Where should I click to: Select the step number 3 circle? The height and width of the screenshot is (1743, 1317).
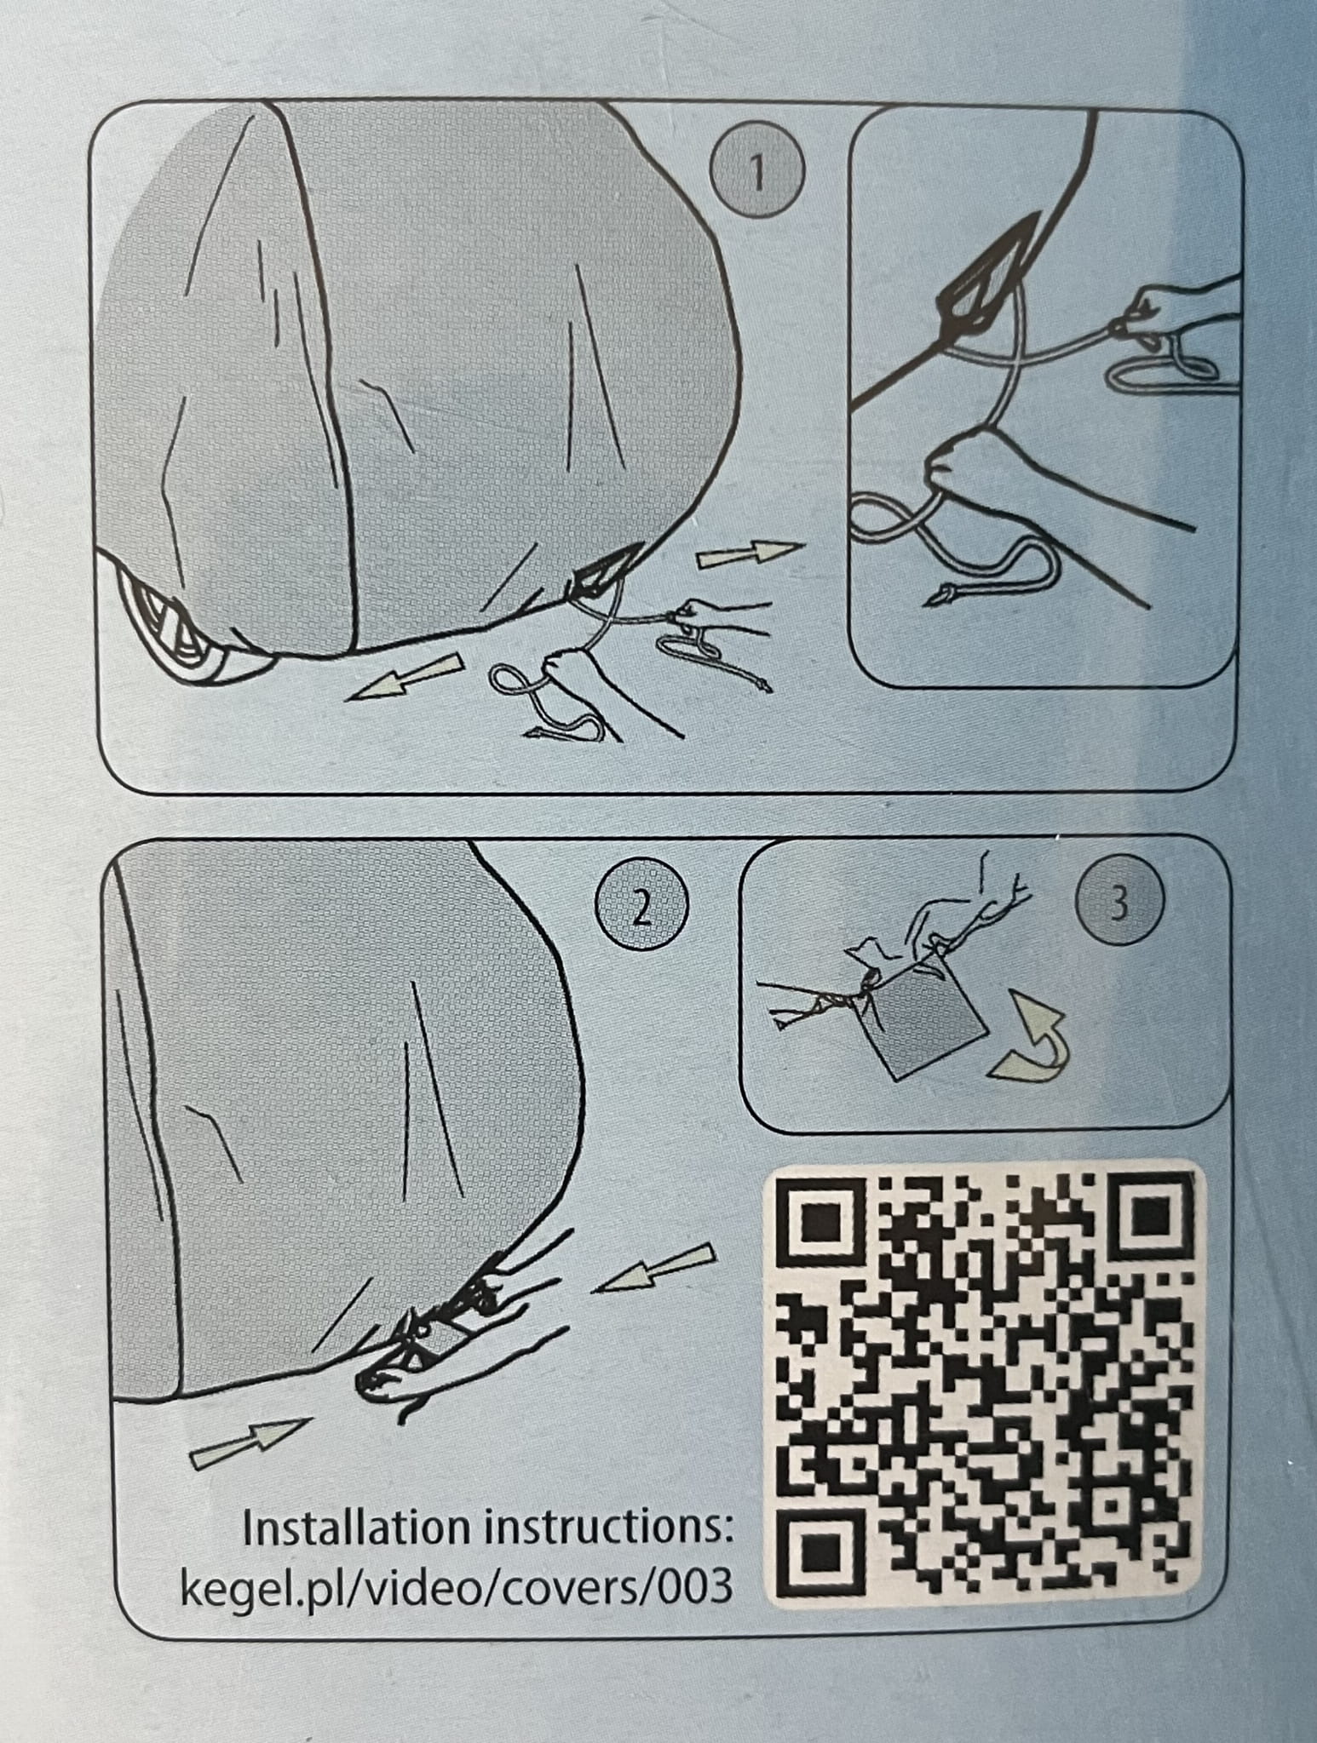coord(1119,905)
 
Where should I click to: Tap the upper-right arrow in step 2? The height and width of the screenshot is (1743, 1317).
coord(653,1274)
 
